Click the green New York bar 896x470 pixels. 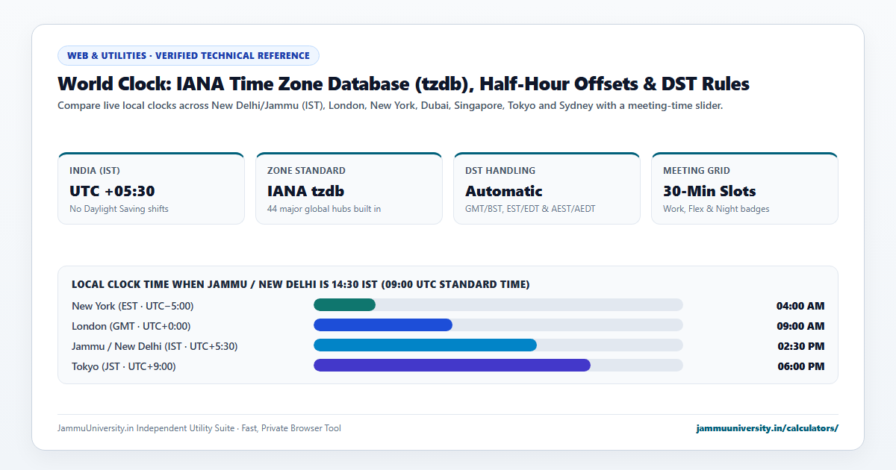[344, 305]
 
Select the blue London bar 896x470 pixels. [383, 325]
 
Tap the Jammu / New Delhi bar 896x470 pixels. [425, 345]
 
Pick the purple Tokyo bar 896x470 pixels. [452, 366]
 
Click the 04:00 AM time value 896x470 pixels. [800, 306]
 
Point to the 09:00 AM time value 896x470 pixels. [800, 326]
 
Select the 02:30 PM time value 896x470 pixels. [800, 346]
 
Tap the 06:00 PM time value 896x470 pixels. [800, 366]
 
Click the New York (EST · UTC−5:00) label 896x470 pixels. [132, 306]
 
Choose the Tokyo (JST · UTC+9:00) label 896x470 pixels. [124, 366]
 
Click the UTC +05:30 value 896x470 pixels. [112, 191]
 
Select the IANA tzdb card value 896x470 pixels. [305, 191]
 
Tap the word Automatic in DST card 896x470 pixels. [503, 191]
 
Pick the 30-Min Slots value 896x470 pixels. [709, 191]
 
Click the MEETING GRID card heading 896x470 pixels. [697, 171]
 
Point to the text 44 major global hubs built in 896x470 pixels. [324, 209]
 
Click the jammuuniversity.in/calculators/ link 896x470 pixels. [767, 428]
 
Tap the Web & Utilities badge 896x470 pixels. [188, 55]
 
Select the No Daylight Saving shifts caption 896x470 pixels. [119, 209]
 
